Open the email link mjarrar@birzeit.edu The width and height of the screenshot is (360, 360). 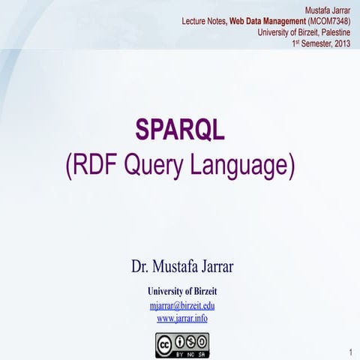[x=182, y=306]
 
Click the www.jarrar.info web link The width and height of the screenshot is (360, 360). [x=182, y=318]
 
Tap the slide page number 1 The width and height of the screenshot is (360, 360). [x=350, y=352]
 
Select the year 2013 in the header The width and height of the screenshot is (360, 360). [x=342, y=43]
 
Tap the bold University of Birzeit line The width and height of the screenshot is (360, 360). [x=182, y=291]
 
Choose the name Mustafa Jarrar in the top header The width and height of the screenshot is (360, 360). [x=328, y=9]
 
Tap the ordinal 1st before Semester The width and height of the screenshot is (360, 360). [x=295, y=43]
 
